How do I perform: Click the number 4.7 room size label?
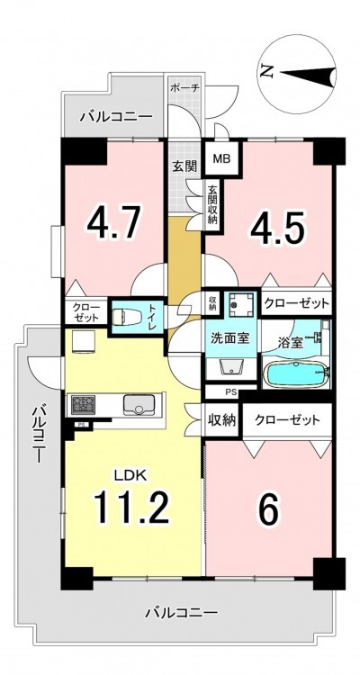click(x=113, y=224)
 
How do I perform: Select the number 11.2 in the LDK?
click(x=131, y=506)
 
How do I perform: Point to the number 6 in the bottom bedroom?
click(x=270, y=509)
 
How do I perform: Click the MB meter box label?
click(x=222, y=158)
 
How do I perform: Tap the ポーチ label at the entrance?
click(x=184, y=89)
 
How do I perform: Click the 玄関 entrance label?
click(x=184, y=166)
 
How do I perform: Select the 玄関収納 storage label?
click(x=212, y=204)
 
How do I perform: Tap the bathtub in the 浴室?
click(x=295, y=375)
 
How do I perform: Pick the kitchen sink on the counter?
click(x=139, y=405)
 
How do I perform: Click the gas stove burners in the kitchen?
click(x=83, y=405)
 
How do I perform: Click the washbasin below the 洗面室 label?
click(x=231, y=367)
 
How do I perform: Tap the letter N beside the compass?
click(x=268, y=70)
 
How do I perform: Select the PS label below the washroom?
click(x=229, y=391)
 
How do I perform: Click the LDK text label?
click(x=130, y=475)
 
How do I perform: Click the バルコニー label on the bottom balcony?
click(x=181, y=612)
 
